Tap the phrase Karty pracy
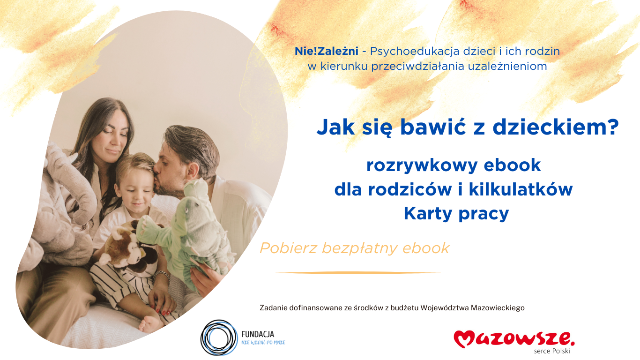pos(456,213)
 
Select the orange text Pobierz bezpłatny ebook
pos(355,248)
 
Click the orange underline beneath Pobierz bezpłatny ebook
pos(358,272)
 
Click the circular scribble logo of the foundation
pos(219,337)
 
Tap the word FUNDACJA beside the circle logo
pos(257,334)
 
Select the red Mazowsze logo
pos(513,338)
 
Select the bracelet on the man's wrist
pos(162,276)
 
